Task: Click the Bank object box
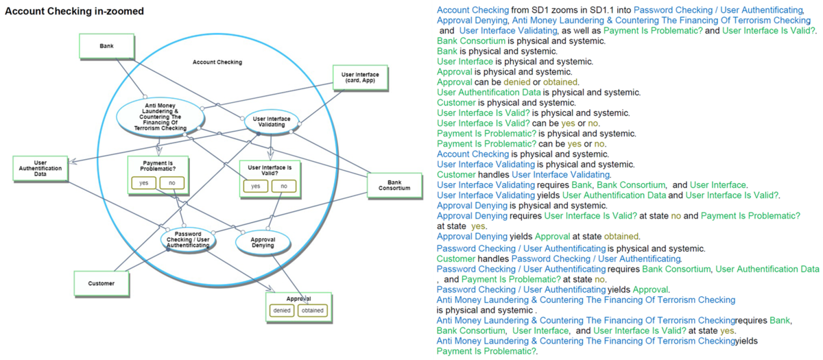point(106,46)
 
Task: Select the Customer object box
point(101,283)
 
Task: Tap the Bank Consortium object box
point(394,184)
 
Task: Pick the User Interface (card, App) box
point(359,77)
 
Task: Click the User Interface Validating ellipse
point(271,121)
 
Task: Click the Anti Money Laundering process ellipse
point(160,117)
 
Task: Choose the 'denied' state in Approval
point(282,311)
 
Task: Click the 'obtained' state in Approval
point(312,311)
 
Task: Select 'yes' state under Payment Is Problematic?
point(143,183)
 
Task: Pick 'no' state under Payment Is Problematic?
point(171,183)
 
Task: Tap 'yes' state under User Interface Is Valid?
point(255,186)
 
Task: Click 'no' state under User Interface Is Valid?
point(283,186)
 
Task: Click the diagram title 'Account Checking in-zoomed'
point(74,12)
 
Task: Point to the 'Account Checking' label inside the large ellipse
point(217,62)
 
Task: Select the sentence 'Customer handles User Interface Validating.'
point(523,175)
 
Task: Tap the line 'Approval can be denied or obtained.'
point(508,82)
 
